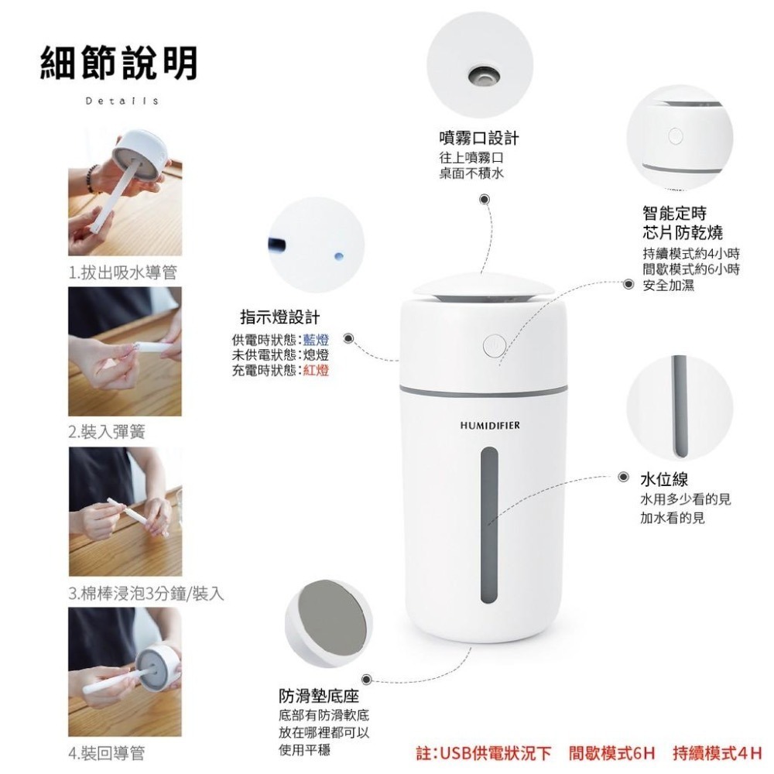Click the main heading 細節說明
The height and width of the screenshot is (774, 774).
click(x=118, y=63)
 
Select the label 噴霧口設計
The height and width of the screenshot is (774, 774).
click(x=478, y=138)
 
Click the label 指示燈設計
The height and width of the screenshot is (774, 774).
click(x=279, y=317)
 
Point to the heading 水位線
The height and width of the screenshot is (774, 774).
click(x=663, y=479)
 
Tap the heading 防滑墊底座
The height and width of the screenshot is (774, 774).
click(x=318, y=696)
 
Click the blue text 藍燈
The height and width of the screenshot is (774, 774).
click(x=316, y=339)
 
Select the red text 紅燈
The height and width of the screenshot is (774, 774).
click(x=316, y=370)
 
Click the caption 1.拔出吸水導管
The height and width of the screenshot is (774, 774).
click(x=122, y=272)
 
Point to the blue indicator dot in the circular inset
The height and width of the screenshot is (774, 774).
click(x=336, y=255)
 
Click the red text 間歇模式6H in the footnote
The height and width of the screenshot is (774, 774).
click(x=611, y=752)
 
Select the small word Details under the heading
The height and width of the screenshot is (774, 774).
click(x=122, y=101)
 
